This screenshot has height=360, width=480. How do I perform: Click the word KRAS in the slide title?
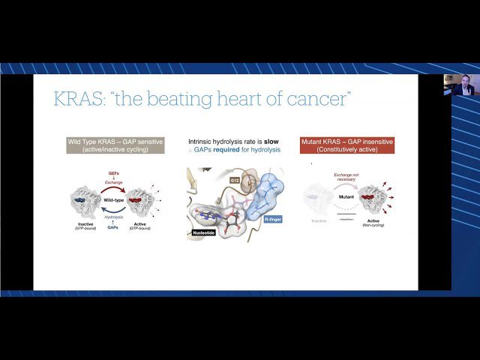79,99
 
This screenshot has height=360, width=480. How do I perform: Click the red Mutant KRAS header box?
346,145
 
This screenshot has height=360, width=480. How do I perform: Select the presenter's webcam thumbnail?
457,85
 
